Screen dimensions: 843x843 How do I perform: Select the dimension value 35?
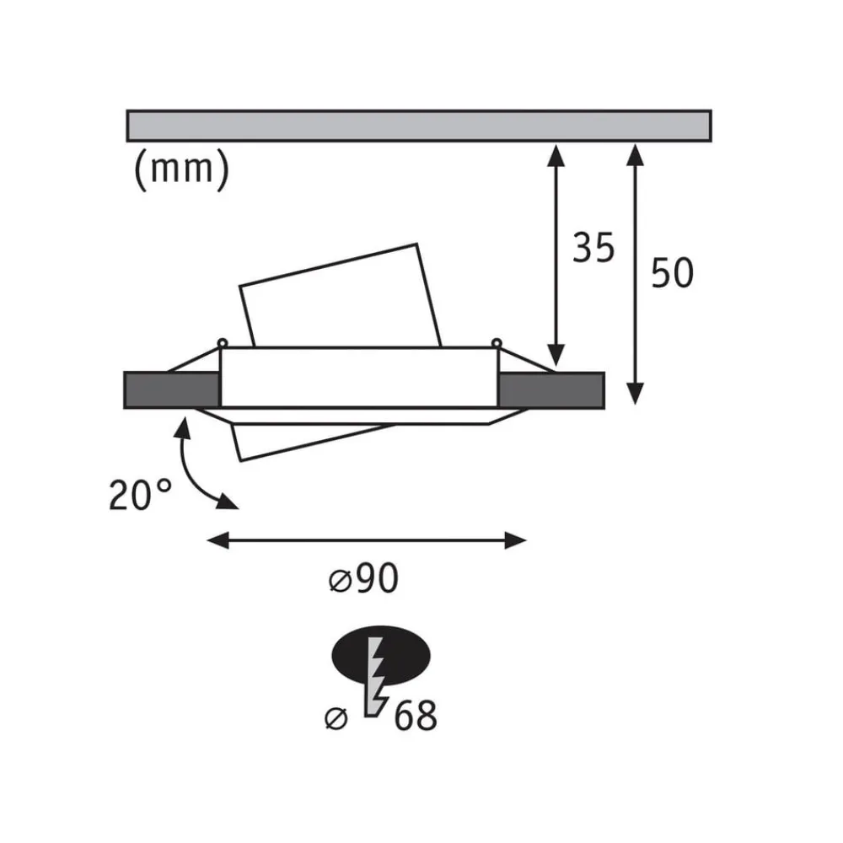pyautogui.click(x=593, y=248)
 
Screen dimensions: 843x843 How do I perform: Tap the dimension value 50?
pyautogui.click(x=672, y=273)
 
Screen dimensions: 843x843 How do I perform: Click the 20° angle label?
pyautogui.click(x=140, y=495)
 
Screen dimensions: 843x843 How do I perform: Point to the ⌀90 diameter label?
pyautogui.click(x=363, y=578)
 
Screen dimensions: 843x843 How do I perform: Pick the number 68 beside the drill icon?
pyautogui.click(x=416, y=716)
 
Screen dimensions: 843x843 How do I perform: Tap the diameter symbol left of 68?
pyautogui.click(x=336, y=718)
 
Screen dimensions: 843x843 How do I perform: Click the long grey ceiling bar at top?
pyautogui.click(x=419, y=126)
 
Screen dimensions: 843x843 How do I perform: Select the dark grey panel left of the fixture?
pyautogui.click(x=171, y=389)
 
